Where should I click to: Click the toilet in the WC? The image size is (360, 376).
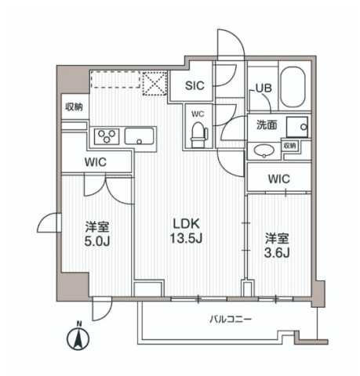coord(197,135)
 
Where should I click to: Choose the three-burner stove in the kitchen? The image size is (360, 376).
coord(107,137)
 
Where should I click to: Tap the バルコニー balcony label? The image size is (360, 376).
coord(230,320)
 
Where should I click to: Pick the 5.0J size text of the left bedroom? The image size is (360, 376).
coord(97,241)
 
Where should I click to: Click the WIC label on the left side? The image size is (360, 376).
coord(97,161)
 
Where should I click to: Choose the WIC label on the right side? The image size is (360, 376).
coord(278,179)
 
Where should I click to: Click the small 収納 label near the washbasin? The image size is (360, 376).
coord(289,146)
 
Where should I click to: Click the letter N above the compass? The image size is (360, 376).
coord(78,324)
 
